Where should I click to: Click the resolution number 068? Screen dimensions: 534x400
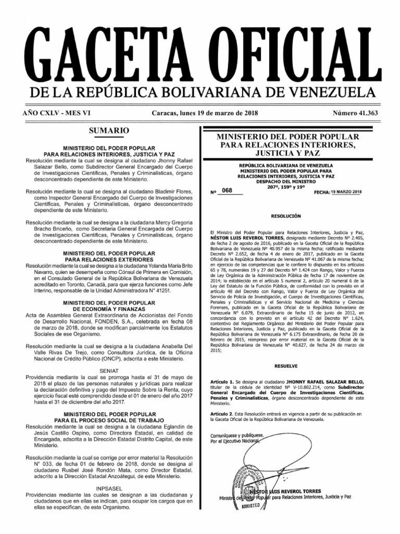[x=227, y=190]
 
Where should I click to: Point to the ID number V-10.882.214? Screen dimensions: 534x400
[x=295, y=374]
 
